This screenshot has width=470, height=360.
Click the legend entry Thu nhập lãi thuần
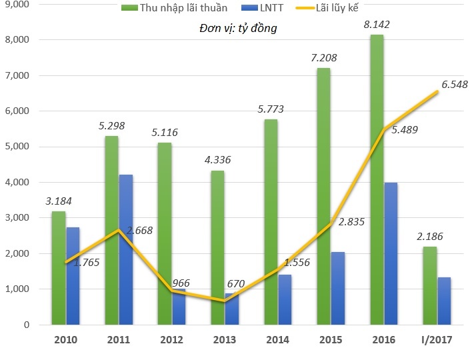[x=174, y=9]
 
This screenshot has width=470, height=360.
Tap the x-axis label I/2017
[x=437, y=340]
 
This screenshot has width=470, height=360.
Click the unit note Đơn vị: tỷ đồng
[x=238, y=29]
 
